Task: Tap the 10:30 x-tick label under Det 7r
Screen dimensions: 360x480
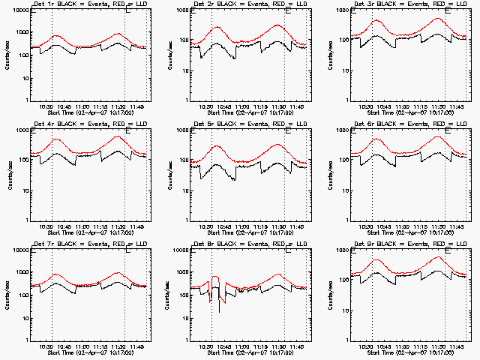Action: tap(45, 346)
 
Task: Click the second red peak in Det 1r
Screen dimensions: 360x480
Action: tap(117, 34)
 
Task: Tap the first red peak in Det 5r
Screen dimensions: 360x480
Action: tap(216, 146)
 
